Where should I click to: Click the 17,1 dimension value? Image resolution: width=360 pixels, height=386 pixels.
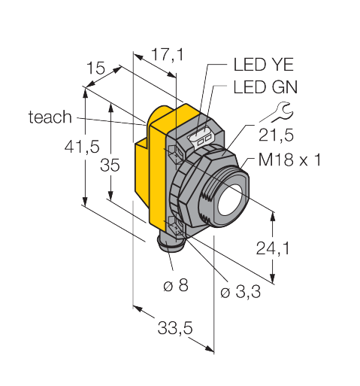pos(168,55)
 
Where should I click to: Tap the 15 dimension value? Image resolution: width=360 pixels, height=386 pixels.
pos(95,68)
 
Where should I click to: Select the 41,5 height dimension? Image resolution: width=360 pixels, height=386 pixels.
pos(82,147)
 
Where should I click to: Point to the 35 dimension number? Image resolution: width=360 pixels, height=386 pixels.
pos(110,166)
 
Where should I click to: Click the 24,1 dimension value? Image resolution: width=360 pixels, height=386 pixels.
pos(273,248)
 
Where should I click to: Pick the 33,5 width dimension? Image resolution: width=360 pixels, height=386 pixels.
pos(175,327)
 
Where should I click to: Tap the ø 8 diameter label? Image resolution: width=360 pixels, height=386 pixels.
pos(176,285)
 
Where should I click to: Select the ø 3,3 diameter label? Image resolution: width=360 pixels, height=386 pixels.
pos(241,292)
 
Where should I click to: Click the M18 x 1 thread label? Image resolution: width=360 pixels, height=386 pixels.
pos(289,160)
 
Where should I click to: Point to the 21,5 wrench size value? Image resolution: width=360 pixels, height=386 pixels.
pos(276,135)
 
